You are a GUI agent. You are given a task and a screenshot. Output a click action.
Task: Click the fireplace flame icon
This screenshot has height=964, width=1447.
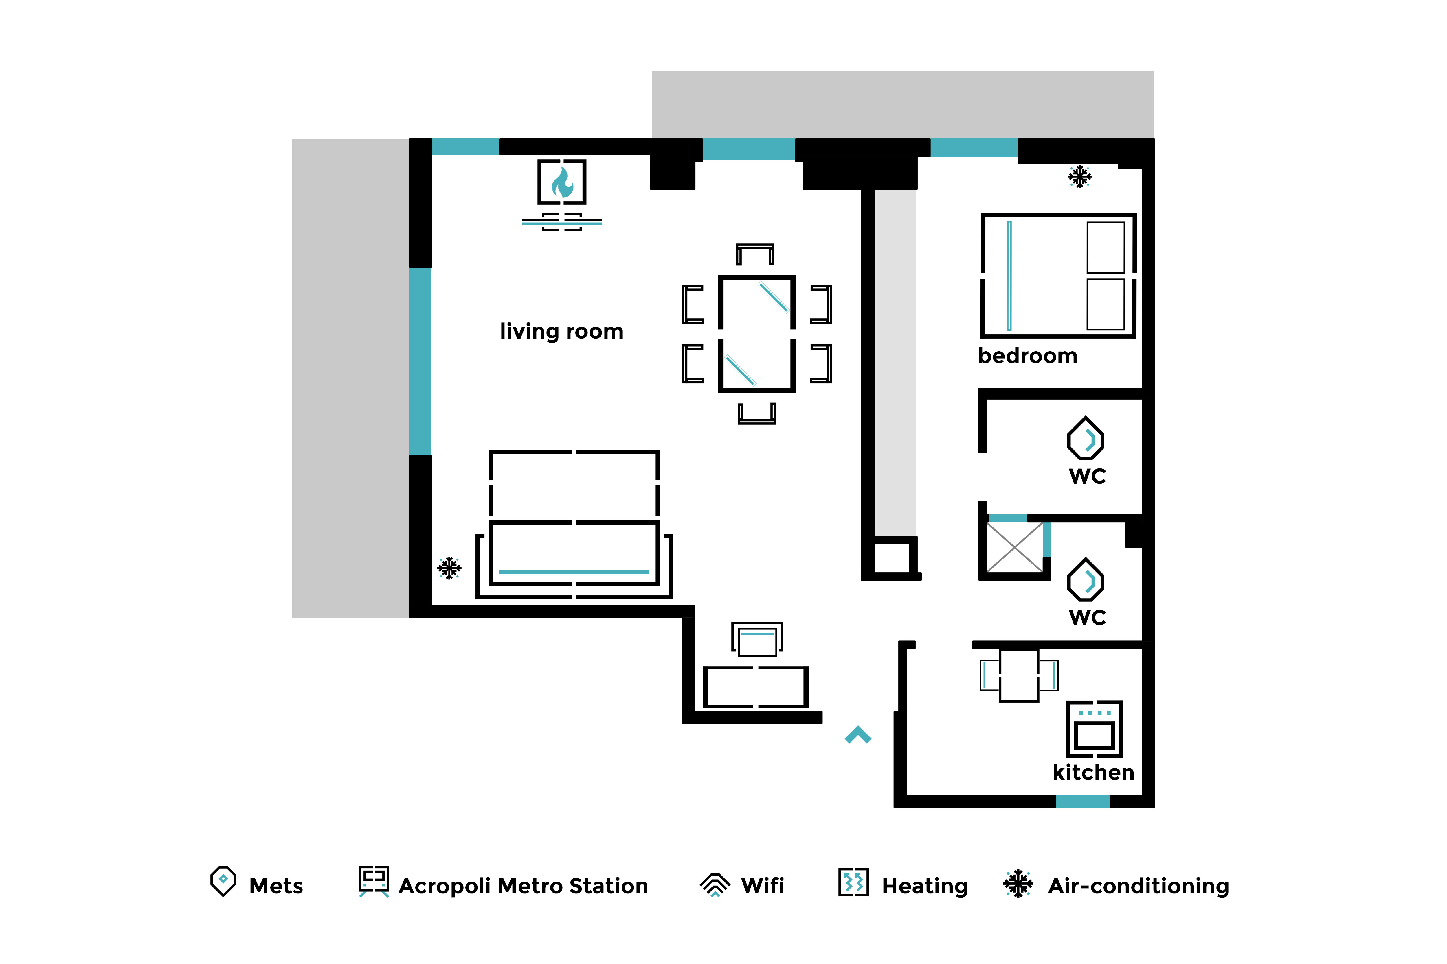point(562,182)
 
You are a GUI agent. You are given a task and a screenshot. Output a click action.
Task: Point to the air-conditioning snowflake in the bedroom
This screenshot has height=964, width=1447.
point(1080,176)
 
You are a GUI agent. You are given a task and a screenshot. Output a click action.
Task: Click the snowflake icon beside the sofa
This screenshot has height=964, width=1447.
point(449,568)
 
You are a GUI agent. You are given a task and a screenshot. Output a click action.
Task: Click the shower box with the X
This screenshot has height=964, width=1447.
point(1015,547)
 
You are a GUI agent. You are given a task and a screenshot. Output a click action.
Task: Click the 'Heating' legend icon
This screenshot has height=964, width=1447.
point(853,882)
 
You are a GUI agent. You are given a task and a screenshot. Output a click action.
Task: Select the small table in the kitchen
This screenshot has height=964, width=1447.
point(1019,675)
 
